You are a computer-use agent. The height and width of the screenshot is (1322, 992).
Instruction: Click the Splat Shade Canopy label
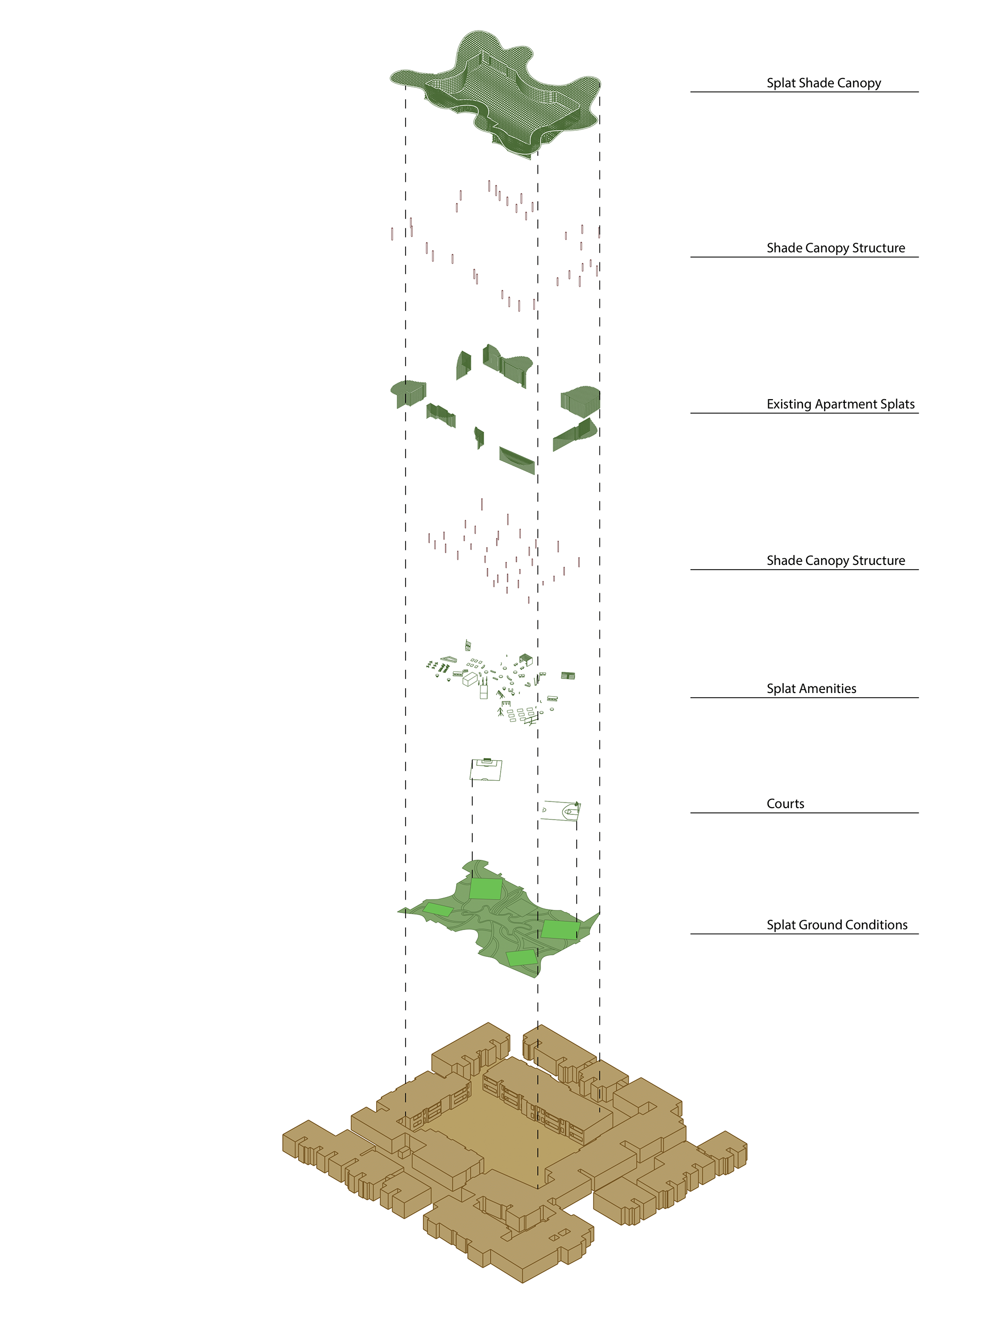click(x=824, y=83)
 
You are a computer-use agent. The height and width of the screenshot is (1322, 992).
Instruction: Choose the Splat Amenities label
click(x=811, y=688)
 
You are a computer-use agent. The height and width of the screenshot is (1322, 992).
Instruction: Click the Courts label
click(x=785, y=804)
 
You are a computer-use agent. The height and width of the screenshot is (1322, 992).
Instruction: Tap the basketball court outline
click(x=560, y=811)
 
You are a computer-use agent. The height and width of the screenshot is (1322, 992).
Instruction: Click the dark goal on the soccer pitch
click(x=487, y=760)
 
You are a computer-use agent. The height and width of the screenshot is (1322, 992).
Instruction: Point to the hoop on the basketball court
click(x=576, y=805)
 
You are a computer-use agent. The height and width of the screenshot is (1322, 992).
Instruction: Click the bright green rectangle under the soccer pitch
click(x=485, y=889)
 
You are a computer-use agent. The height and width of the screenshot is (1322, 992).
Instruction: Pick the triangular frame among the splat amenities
click(x=446, y=659)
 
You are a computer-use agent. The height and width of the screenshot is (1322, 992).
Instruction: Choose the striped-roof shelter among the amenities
click(x=567, y=675)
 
